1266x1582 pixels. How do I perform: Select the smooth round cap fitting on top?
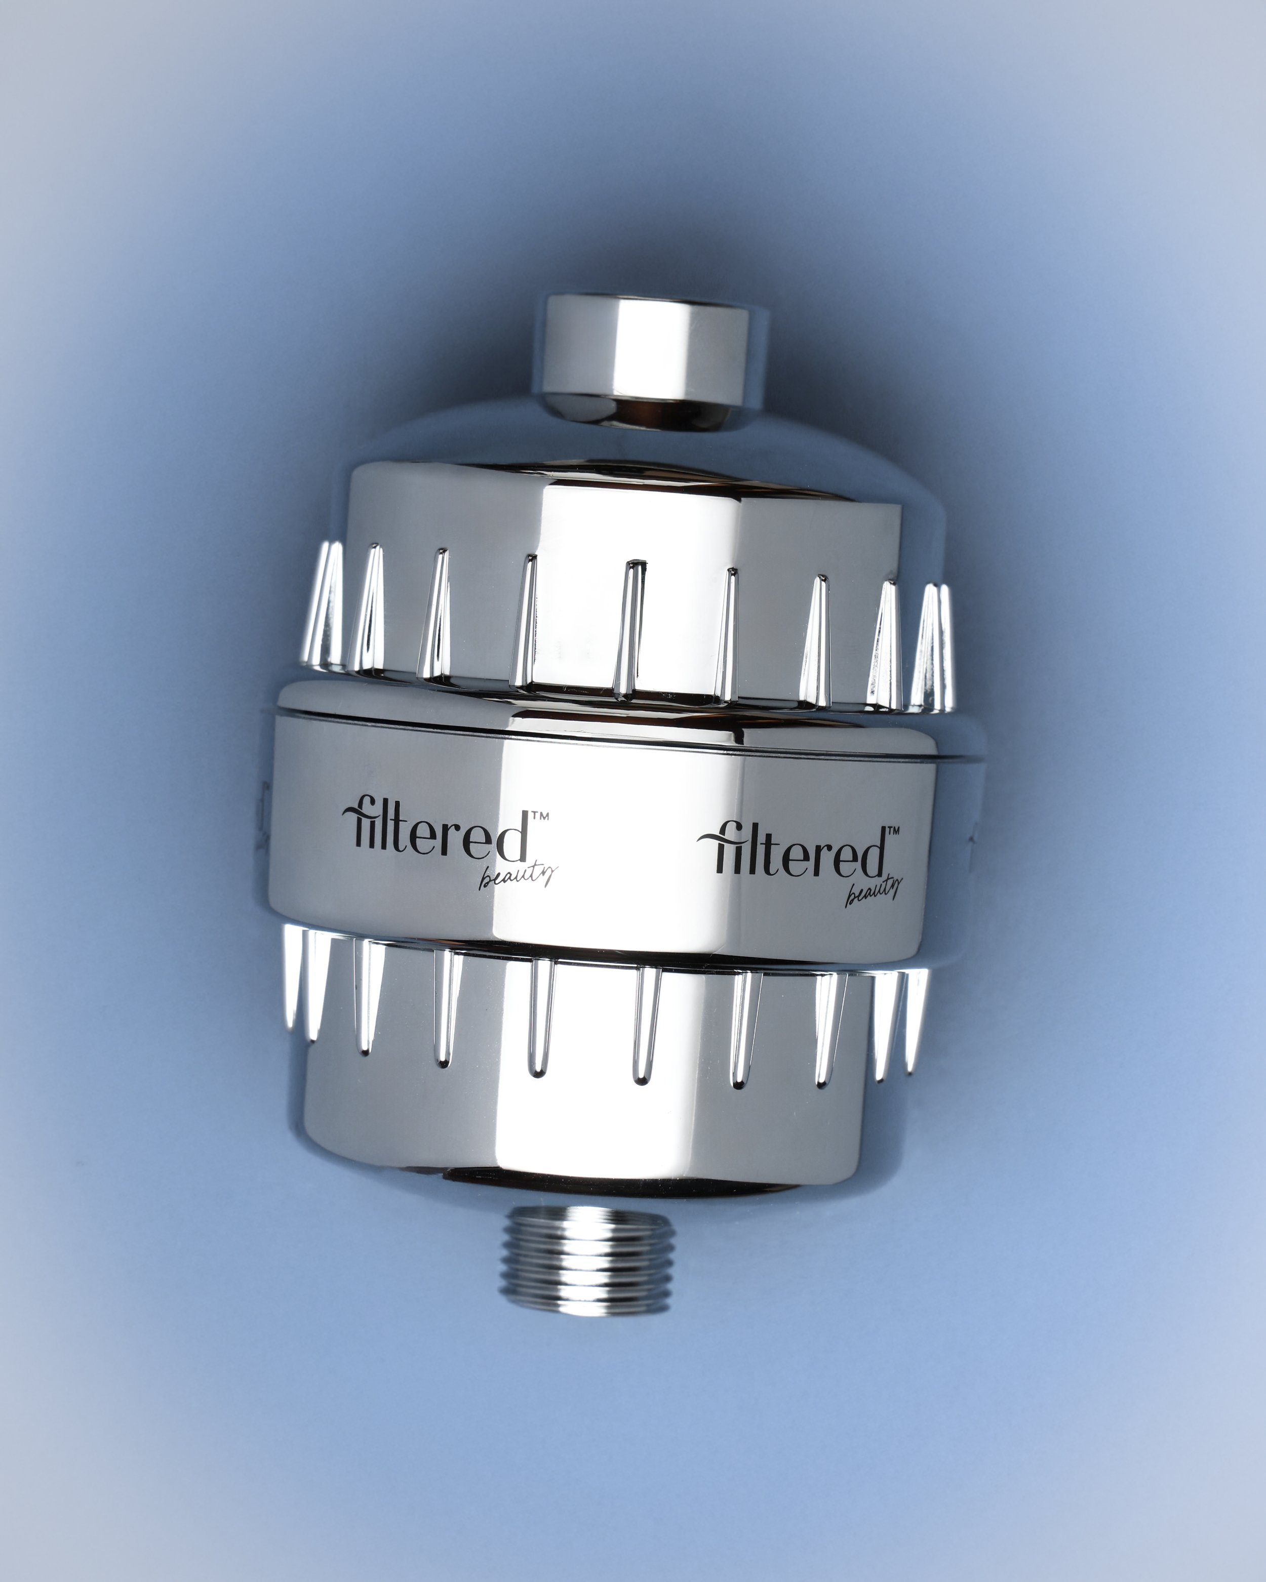pos(655,361)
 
